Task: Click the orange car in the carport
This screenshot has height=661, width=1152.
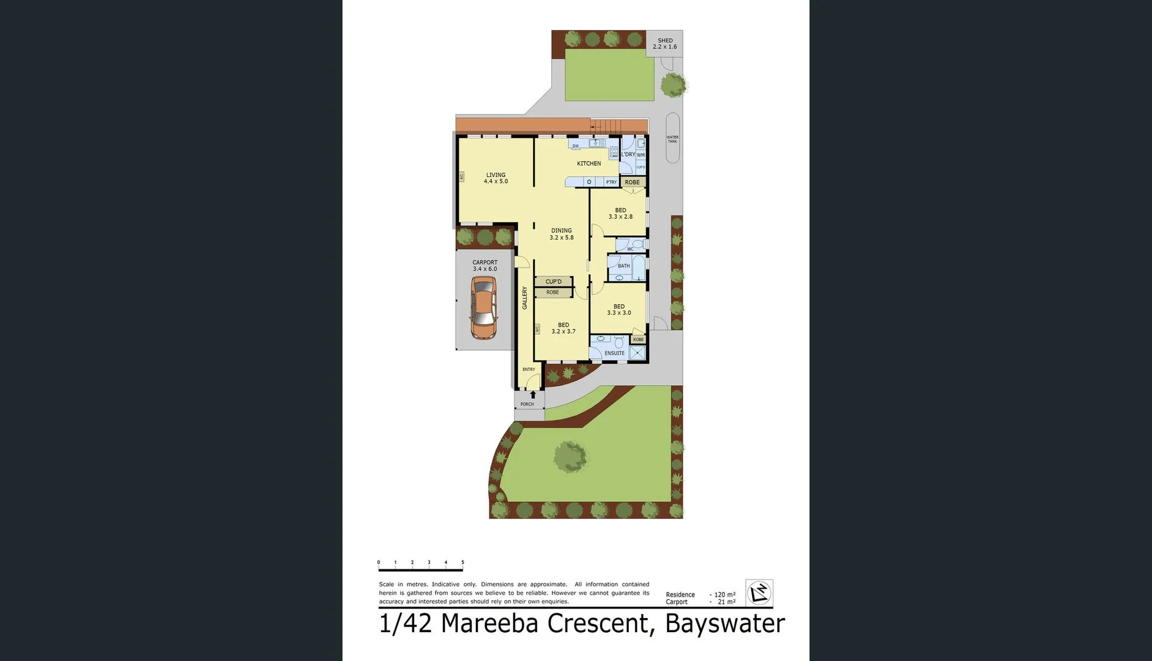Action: (x=483, y=308)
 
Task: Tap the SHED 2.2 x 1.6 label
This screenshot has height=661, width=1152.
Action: (x=664, y=43)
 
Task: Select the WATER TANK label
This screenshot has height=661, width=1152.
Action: (x=672, y=140)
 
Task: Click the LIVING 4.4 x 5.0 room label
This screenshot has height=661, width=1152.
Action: (x=496, y=178)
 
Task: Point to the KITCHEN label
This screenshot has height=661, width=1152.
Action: (x=589, y=163)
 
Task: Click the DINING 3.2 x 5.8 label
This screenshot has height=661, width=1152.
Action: (x=561, y=234)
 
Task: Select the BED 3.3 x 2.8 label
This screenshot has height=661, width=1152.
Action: (x=620, y=214)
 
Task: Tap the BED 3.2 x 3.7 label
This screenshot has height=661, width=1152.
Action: (x=563, y=329)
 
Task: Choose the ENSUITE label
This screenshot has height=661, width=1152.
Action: (x=614, y=353)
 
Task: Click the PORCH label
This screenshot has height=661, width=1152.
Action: (x=527, y=405)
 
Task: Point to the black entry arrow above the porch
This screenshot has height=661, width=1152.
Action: (x=533, y=395)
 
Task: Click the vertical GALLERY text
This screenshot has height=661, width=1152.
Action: (x=524, y=297)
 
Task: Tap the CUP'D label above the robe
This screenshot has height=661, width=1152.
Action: (x=553, y=282)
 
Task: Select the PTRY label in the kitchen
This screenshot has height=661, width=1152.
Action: (x=611, y=182)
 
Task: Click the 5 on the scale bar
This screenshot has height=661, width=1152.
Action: (x=463, y=562)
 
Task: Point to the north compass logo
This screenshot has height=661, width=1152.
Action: (x=759, y=592)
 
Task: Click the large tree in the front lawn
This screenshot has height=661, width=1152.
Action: (x=570, y=457)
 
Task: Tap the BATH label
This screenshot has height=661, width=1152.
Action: (x=623, y=266)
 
